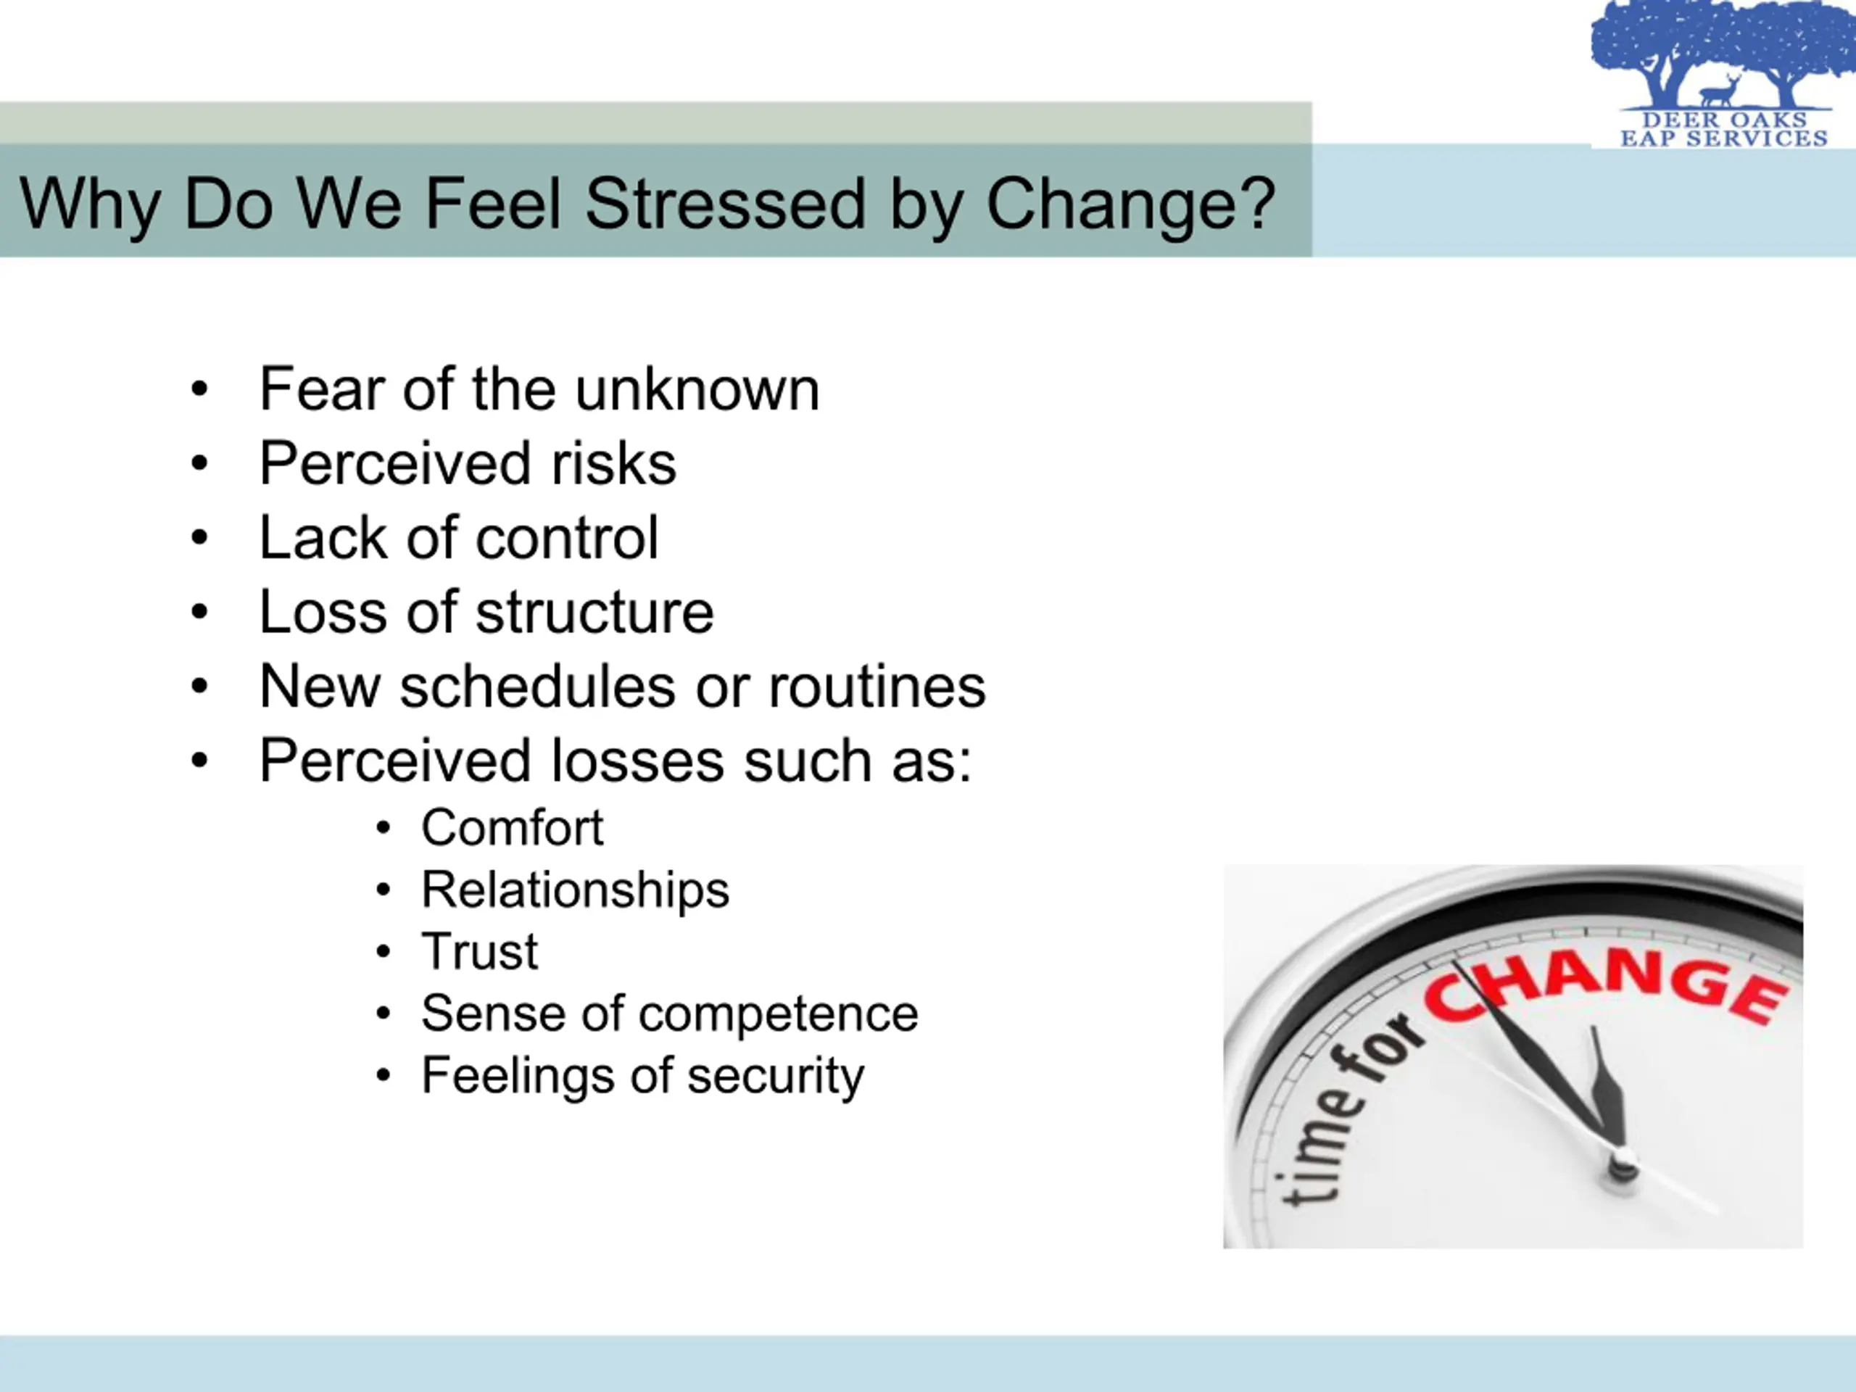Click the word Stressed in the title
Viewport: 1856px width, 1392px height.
click(725, 203)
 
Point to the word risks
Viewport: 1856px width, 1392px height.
click(613, 463)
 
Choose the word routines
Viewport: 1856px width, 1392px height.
click(877, 687)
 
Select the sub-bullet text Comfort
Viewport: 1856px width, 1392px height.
click(512, 828)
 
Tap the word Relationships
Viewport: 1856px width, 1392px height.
click(576, 890)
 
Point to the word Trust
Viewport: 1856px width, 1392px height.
click(479, 951)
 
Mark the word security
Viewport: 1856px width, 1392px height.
click(775, 1076)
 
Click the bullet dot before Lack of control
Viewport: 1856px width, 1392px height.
click(199, 538)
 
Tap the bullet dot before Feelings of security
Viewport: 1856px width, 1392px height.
click(384, 1076)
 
